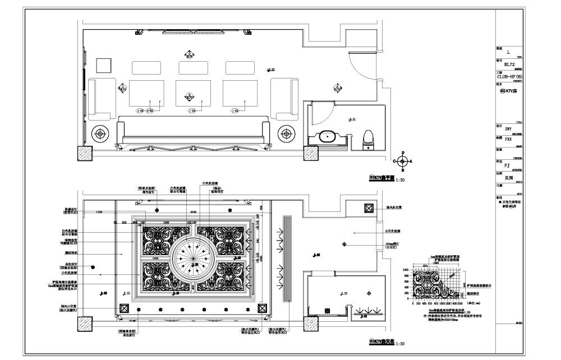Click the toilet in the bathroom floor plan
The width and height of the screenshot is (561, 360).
369,137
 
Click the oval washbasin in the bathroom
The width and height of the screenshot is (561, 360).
327,136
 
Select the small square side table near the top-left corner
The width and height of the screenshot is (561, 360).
103,65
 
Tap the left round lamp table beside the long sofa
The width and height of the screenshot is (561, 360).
100,133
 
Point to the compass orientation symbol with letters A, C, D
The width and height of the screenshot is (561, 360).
402,160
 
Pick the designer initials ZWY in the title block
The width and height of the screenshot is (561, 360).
509,129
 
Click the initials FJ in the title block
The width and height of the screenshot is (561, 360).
507,165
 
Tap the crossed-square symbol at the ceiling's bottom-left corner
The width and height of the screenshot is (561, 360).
123,308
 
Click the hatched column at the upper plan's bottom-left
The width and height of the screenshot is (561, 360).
85,153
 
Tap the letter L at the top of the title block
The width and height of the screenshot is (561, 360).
508,52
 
